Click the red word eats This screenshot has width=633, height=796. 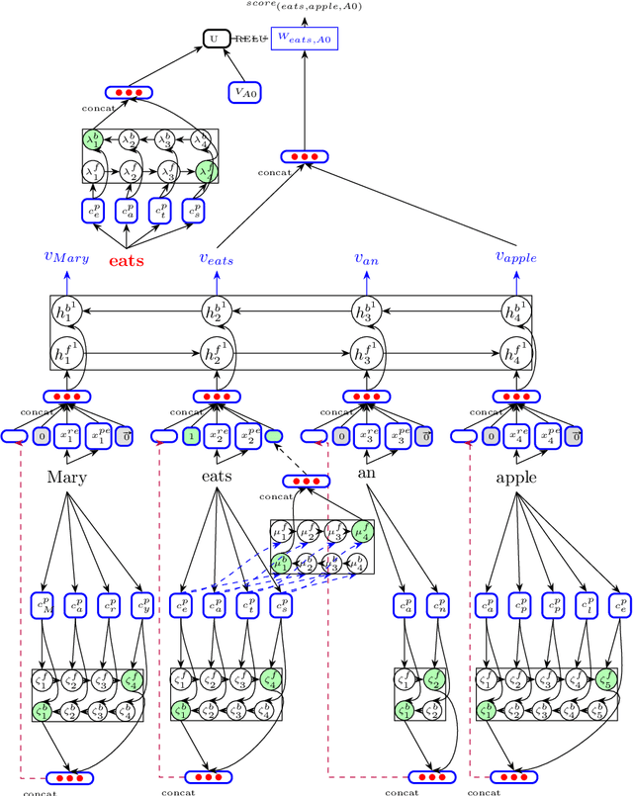[x=126, y=261]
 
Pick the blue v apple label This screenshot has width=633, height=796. [x=515, y=257]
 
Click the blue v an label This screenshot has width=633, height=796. [x=367, y=257]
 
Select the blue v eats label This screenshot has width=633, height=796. [x=217, y=259]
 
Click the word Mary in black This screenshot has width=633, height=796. [x=67, y=477]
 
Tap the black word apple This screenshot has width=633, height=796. [x=515, y=478]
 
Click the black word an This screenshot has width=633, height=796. [x=366, y=472]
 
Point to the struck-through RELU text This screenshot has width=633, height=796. [x=249, y=40]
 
